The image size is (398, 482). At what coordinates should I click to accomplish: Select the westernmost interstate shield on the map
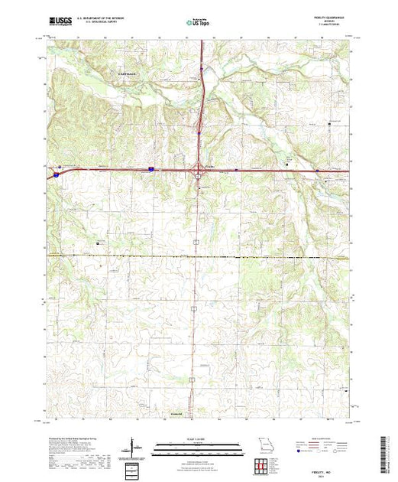tap(56, 175)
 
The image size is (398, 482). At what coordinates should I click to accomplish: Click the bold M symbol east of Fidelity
tap(286, 164)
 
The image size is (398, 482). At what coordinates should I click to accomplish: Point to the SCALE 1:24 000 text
tap(196, 438)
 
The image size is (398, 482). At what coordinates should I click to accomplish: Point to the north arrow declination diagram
tap(135, 446)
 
